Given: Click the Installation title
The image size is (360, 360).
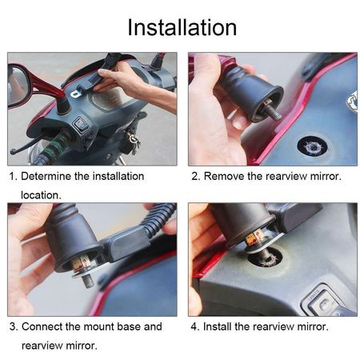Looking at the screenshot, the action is coord(182,27).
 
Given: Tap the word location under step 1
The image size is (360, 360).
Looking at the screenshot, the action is coord(41,195).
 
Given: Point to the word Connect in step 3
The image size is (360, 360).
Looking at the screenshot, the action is coord(42,326).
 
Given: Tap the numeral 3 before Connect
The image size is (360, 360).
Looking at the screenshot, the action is coord(13,326).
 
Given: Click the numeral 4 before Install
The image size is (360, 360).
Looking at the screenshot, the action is coord(194,326).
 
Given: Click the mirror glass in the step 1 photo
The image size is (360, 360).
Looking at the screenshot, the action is coord(17,85).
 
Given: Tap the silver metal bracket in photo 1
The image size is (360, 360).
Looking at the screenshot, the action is coord(75,94).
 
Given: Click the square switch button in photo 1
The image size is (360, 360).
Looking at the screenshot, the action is coord(80,123).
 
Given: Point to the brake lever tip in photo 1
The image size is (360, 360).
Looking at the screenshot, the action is coord(12,153).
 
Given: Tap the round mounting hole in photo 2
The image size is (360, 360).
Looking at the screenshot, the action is coord(312,147).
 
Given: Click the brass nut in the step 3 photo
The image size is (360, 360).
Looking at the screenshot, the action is coord(82,263).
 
